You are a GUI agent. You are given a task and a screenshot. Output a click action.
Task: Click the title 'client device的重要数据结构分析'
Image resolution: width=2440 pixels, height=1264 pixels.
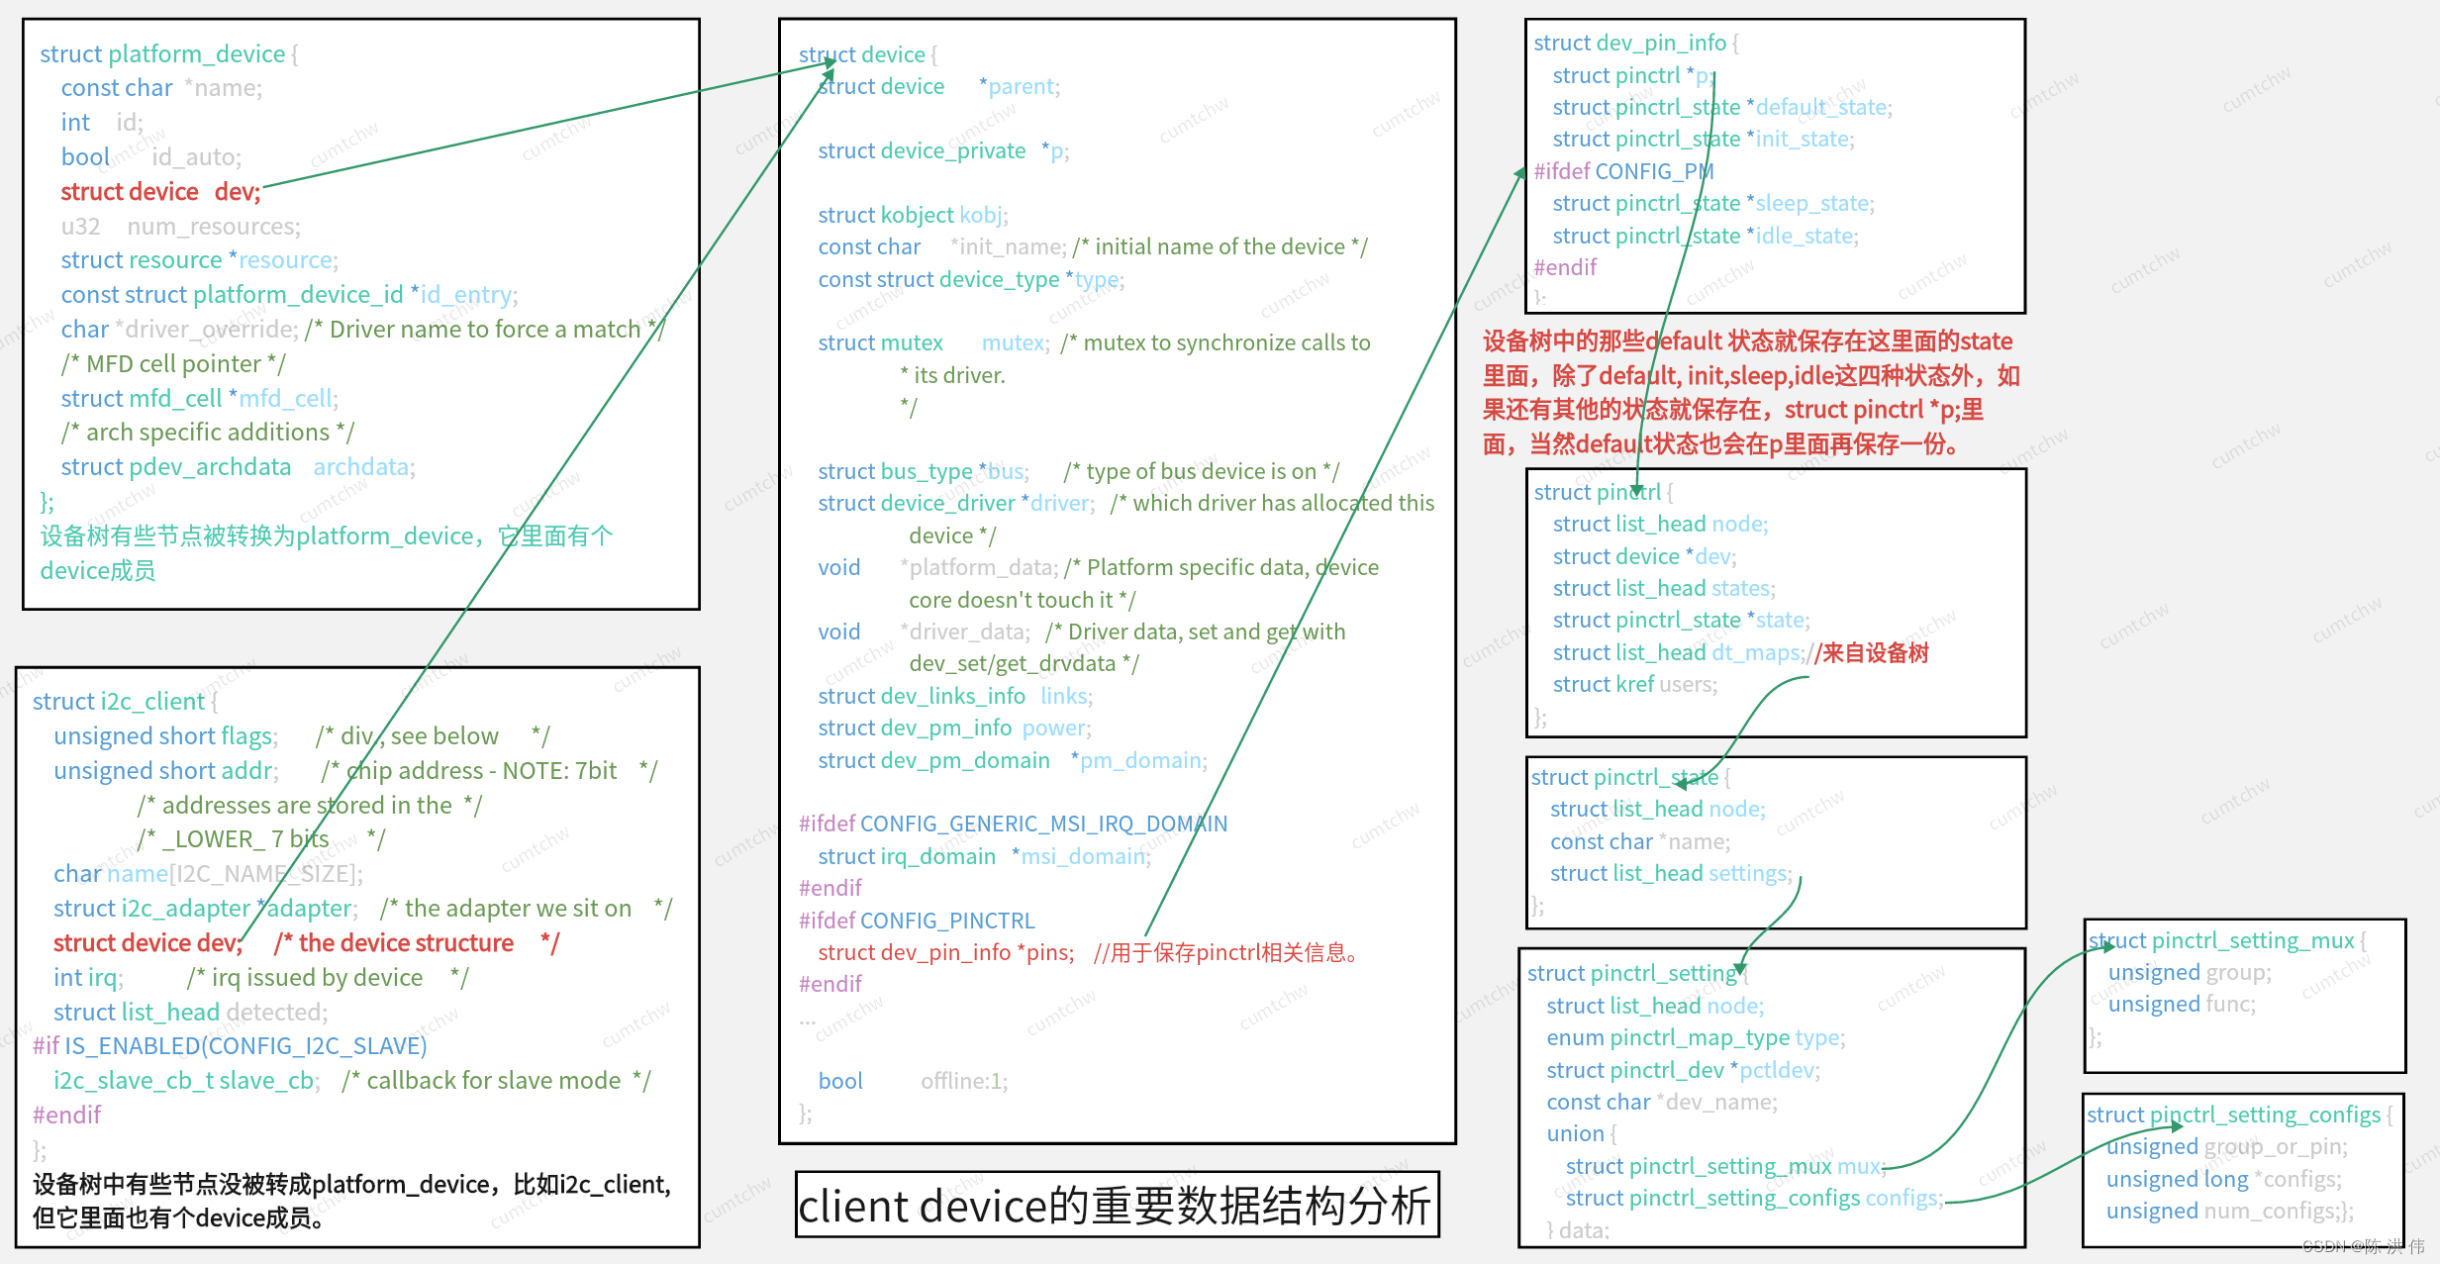point(1116,1206)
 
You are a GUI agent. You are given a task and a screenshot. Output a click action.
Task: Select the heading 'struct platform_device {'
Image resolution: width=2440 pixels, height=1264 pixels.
point(168,54)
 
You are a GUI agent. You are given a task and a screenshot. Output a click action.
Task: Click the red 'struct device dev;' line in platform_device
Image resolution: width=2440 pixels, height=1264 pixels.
point(160,192)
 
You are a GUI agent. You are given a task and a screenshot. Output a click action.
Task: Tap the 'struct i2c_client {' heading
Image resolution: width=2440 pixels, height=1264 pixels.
point(125,702)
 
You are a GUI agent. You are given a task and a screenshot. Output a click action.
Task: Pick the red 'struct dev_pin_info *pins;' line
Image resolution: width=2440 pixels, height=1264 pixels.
point(945,953)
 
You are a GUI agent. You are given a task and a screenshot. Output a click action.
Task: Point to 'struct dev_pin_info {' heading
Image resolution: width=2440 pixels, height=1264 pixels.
point(1635,44)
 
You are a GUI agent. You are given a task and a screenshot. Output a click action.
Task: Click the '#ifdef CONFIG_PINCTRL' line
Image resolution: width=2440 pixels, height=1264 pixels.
point(916,921)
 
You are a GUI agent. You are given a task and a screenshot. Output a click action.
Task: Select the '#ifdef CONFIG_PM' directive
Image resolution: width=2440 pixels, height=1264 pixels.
point(1622,171)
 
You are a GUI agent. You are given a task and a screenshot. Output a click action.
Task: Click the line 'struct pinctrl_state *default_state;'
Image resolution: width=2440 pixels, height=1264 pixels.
point(1721,107)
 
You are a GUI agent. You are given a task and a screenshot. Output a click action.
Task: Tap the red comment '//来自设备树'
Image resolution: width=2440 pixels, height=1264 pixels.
point(1871,653)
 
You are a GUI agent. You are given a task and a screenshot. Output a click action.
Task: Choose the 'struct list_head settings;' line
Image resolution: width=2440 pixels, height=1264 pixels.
point(1670,874)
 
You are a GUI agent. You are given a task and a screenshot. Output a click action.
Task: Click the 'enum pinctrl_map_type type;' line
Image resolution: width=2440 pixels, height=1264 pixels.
point(1695,1038)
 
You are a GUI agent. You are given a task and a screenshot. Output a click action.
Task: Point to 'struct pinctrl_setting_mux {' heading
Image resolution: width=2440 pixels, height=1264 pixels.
point(2226,941)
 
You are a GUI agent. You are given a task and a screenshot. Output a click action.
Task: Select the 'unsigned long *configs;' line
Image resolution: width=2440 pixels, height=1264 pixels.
point(2223,1180)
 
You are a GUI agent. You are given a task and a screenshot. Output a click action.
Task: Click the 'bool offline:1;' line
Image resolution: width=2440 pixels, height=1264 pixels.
point(912,1082)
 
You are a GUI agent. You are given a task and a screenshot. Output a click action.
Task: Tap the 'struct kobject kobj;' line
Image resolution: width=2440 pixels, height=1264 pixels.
point(913,215)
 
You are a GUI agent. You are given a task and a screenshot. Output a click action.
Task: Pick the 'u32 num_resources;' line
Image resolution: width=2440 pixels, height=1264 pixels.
point(180,227)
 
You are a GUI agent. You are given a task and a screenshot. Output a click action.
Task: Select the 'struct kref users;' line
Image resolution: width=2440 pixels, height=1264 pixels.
point(1634,685)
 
